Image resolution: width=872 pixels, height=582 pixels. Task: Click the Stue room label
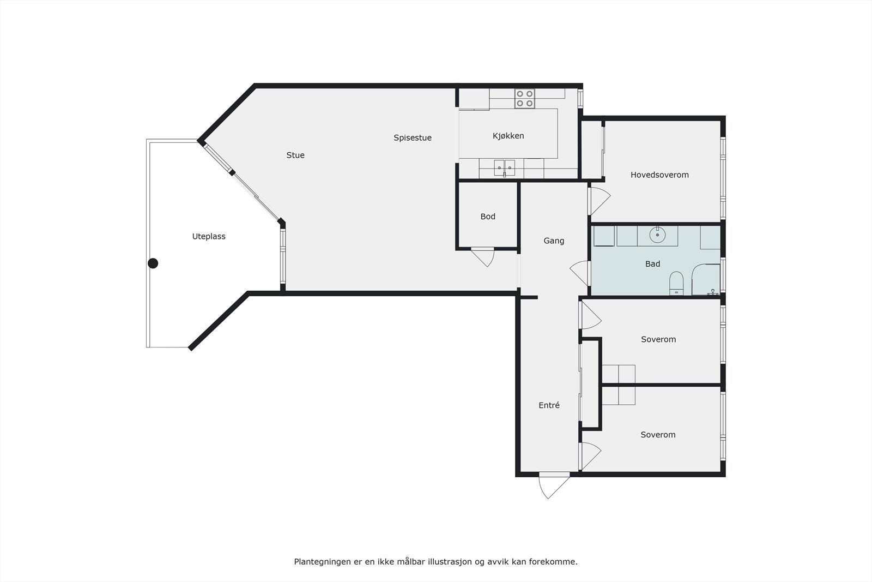click(295, 155)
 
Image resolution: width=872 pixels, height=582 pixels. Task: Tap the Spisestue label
click(413, 138)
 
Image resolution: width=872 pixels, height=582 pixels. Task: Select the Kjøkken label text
click(508, 136)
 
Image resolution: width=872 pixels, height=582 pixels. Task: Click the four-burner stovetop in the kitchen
click(525, 99)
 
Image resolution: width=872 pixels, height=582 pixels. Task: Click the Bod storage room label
click(488, 217)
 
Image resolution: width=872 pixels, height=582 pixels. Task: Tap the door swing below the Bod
click(483, 258)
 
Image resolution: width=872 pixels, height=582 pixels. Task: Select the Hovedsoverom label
click(659, 175)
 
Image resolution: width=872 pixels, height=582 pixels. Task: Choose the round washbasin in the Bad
click(658, 235)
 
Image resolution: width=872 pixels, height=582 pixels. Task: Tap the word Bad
click(652, 264)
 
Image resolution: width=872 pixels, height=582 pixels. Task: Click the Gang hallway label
click(554, 241)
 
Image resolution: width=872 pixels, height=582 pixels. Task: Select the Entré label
click(549, 405)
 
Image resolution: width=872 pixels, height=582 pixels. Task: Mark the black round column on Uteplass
click(153, 263)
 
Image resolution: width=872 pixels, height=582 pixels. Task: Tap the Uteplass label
click(209, 237)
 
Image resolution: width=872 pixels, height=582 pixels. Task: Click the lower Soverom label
click(658, 435)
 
